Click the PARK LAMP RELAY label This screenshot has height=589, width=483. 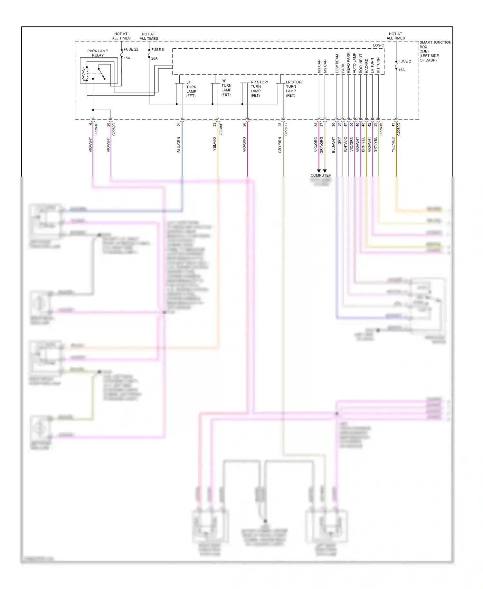(98, 53)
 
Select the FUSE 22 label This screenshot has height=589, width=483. (131, 49)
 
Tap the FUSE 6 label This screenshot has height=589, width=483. (157, 50)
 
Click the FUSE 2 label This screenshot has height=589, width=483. (404, 61)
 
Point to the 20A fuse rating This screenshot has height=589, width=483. (155, 58)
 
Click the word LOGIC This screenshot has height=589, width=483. (378, 45)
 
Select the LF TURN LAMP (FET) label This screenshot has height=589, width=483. (191, 89)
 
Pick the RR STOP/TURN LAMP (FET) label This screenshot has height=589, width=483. (259, 89)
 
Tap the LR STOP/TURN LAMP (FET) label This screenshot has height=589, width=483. (294, 89)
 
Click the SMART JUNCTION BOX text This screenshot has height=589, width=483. (435, 44)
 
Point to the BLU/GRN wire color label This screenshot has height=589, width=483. (179, 145)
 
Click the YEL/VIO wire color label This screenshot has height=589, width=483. (214, 144)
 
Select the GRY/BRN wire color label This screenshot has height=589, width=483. (280, 145)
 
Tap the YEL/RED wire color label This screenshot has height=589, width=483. (393, 144)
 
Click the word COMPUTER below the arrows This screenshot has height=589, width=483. (321, 175)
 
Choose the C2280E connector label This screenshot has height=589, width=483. (96, 129)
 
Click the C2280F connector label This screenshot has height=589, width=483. (221, 129)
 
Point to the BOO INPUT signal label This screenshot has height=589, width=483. (361, 63)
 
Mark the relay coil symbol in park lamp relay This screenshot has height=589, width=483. (85, 74)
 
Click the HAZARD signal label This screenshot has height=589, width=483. (366, 65)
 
